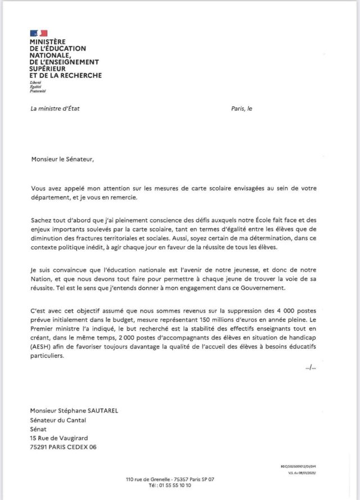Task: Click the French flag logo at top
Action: pyautogui.click(x=39, y=34)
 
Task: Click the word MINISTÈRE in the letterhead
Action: pyautogui.click(x=48, y=42)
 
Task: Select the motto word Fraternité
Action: pyautogui.click(x=38, y=91)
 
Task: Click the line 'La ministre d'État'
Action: pyautogui.click(x=55, y=109)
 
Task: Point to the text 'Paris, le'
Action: pyautogui.click(x=242, y=109)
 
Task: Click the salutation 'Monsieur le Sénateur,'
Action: pyautogui.click(x=63, y=159)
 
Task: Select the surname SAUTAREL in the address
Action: pyautogui.click(x=102, y=411)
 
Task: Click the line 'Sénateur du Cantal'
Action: pyautogui.click(x=58, y=420)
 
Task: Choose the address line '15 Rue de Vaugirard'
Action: pyautogui.click(x=59, y=438)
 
